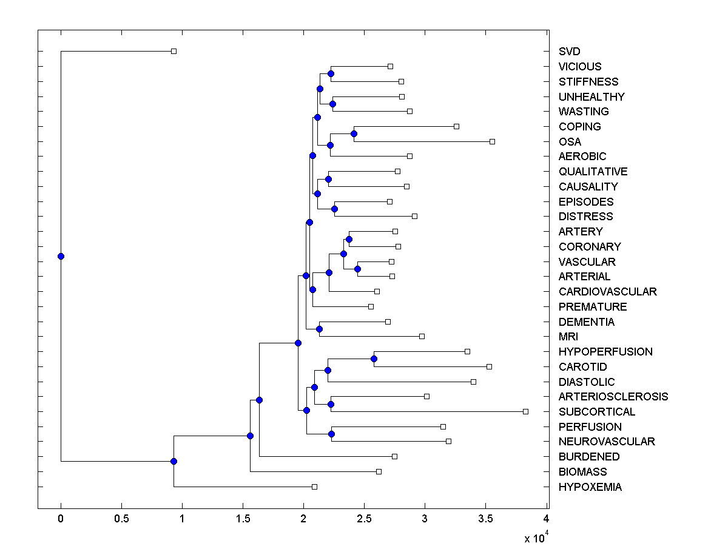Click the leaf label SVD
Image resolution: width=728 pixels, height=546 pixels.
pos(570,52)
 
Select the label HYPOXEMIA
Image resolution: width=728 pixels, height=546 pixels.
pos(590,487)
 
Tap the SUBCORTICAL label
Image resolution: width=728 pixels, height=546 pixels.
pos(597,411)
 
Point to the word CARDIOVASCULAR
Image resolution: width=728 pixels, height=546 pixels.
pos(607,292)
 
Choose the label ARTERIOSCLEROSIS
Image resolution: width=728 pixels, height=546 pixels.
pos(613,397)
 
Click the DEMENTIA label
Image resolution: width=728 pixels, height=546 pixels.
pos(586,322)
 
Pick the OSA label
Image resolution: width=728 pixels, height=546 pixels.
pos(570,141)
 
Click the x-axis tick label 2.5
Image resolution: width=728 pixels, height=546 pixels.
pos(364,519)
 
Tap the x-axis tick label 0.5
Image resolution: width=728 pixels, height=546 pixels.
pos(121,519)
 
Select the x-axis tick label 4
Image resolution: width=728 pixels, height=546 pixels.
pos(546,519)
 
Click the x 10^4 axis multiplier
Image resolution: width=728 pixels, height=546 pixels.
pos(536,537)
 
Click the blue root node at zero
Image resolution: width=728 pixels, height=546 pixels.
pos(61,256)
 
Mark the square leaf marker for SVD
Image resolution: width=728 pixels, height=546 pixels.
pos(174,52)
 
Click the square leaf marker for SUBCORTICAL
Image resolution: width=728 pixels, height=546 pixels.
pos(525,411)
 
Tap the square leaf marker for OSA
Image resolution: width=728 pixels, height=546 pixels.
pos(492,141)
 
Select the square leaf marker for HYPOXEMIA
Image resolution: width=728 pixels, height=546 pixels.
pos(314,487)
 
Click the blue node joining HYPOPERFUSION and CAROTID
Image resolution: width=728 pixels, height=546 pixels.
pos(374,359)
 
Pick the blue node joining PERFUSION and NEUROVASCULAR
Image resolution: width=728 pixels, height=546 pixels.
pos(331,434)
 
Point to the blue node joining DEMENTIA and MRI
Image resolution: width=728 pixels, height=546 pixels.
pos(320,329)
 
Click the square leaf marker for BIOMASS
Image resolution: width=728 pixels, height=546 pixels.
pos(379,471)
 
